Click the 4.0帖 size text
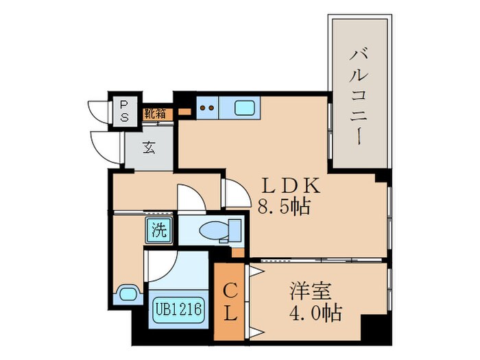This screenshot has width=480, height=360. pyautogui.click(x=315, y=314)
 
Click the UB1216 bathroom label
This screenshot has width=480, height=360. pyautogui.click(x=177, y=309)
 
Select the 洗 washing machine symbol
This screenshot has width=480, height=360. pyautogui.click(x=158, y=231)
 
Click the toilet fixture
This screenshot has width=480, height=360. pyautogui.click(x=220, y=230)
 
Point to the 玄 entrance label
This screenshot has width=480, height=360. pyautogui.click(x=149, y=147)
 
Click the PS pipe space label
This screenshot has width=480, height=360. pyautogui.click(x=124, y=110)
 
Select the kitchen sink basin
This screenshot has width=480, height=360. pyautogui.click(x=245, y=107)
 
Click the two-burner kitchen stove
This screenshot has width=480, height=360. pyautogui.click(x=207, y=107)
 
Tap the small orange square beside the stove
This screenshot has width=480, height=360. pyautogui.click(x=184, y=111)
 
